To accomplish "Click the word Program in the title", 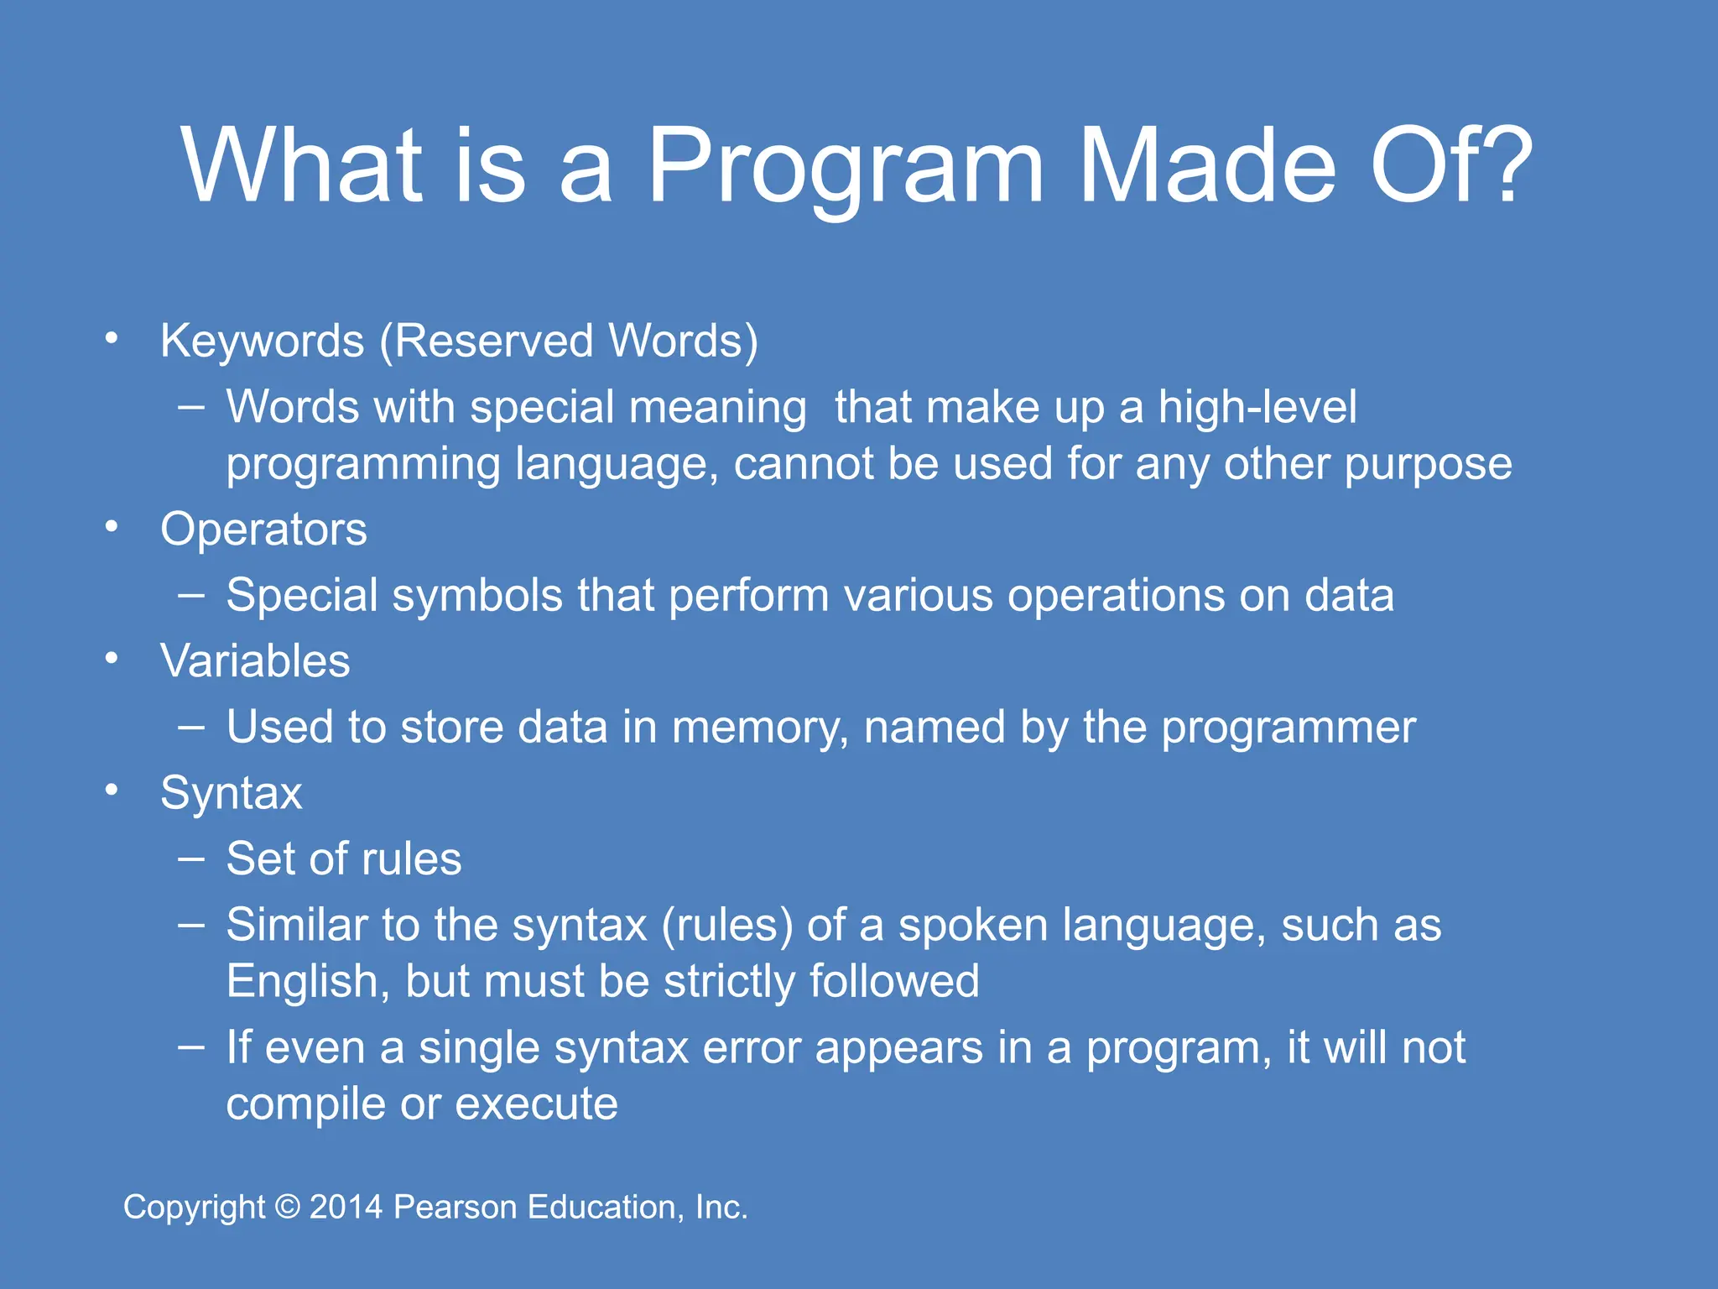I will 846,168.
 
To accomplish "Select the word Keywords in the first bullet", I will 262,342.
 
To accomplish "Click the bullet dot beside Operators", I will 112,527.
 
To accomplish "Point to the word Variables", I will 255,661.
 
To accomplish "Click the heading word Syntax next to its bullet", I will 231,793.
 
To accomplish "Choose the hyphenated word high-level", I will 1257,407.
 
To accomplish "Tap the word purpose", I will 1428,464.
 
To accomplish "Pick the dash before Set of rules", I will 191,858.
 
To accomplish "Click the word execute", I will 536,1104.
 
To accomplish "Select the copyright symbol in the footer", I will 288,1207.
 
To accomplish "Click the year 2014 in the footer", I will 346,1207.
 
